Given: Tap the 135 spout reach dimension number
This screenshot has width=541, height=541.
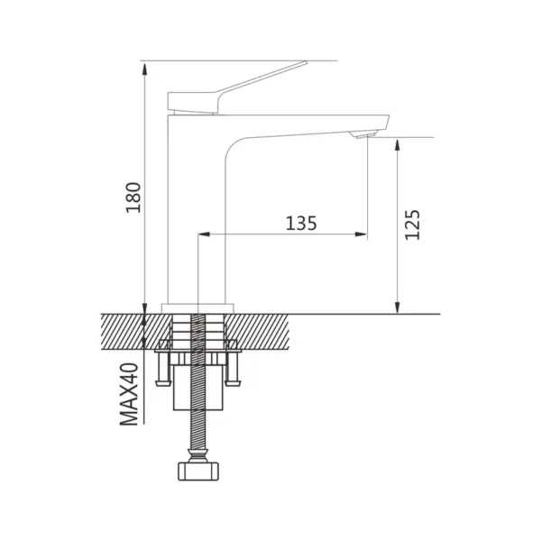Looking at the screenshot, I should point(300,223).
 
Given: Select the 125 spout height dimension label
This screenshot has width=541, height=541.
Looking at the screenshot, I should point(412,225).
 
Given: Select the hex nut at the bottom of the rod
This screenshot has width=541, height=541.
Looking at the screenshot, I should point(197,471).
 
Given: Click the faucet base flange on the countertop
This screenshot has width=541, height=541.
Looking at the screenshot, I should point(197,307).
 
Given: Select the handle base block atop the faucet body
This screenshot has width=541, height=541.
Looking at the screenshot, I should point(192,102).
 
